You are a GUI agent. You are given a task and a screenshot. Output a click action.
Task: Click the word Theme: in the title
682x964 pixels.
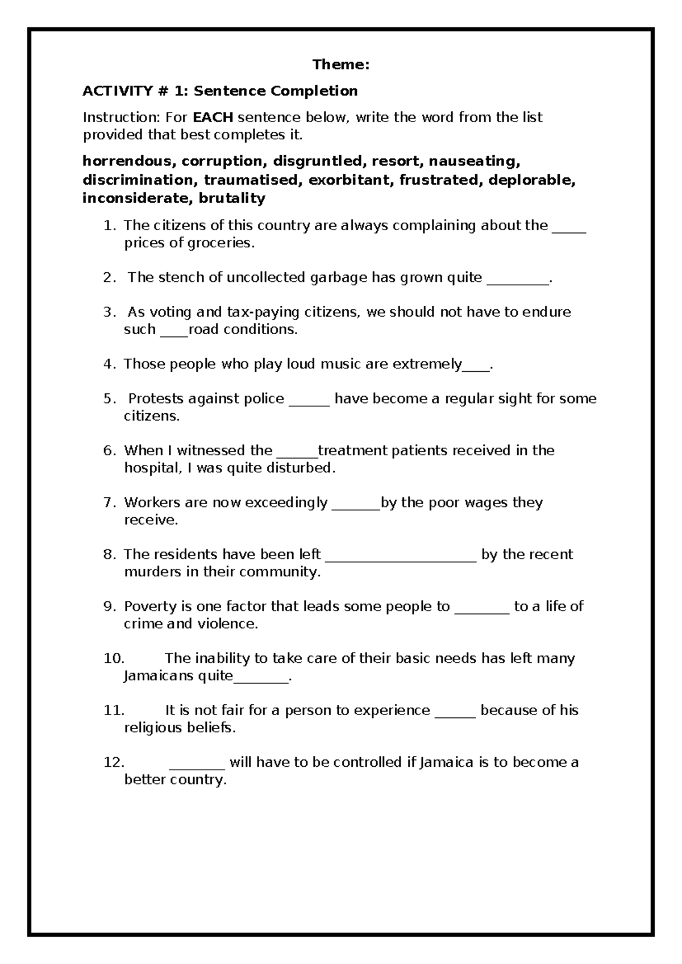[340, 65]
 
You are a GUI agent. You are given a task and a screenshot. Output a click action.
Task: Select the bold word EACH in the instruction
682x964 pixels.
[213, 118]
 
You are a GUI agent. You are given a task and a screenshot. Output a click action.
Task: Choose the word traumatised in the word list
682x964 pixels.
[251, 180]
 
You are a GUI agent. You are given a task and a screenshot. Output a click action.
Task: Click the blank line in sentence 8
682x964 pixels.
[402, 560]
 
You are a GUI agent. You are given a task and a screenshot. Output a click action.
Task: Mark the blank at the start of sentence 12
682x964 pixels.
[197, 767]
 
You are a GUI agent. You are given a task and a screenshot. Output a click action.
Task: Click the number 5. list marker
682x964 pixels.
[110, 398]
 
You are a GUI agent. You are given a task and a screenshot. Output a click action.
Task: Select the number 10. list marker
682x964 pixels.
[114, 658]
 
